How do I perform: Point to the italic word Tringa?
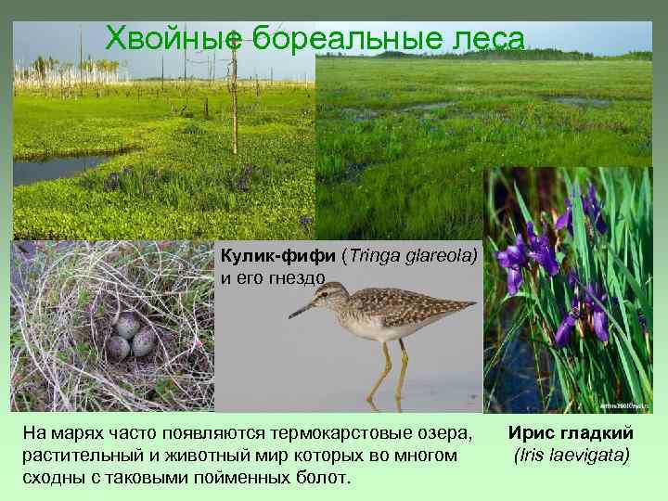coord(375,256)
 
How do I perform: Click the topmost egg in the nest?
coord(127,325)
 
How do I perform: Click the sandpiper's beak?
coord(301,310)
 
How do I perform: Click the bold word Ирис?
coord(535,435)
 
